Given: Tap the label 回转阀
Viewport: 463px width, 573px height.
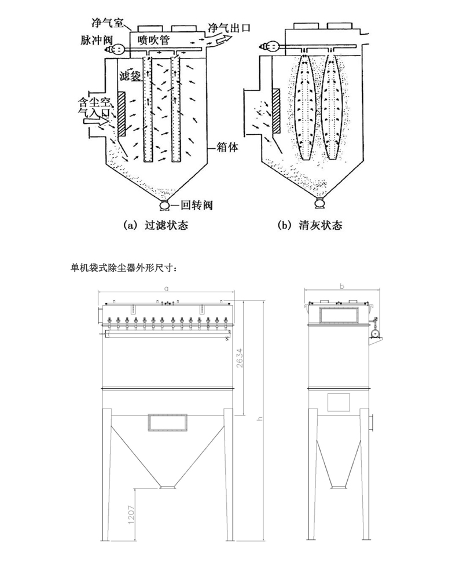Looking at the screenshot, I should click(x=194, y=205).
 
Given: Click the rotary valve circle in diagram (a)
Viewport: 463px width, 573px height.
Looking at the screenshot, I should click(x=165, y=204).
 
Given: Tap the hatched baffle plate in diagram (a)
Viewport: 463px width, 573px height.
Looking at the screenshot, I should click(x=122, y=115).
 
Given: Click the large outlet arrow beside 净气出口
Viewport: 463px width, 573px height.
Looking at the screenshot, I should click(x=218, y=39).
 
